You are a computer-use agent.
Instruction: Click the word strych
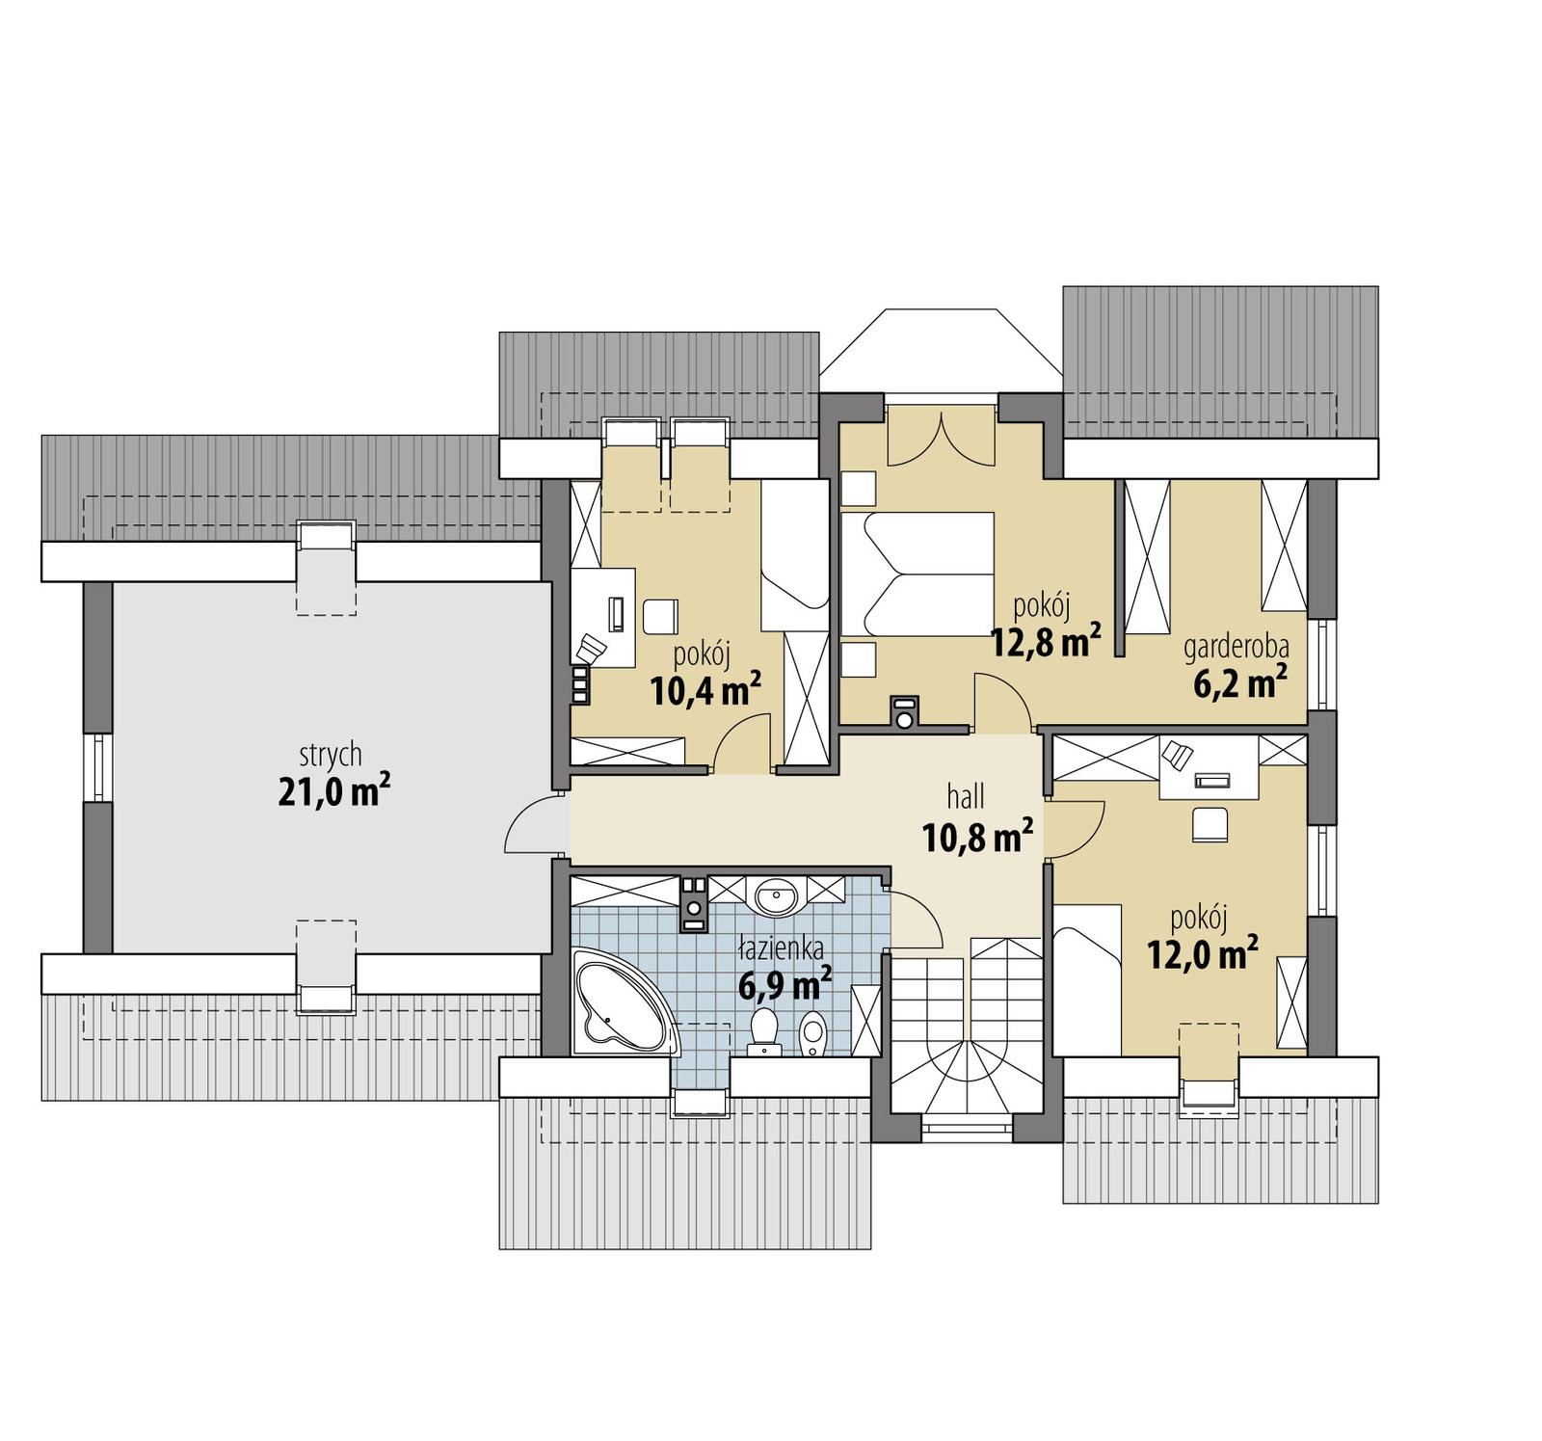click(331, 753)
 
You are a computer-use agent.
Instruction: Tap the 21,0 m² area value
click(333, 791)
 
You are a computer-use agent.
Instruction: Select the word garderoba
click(1236, 647)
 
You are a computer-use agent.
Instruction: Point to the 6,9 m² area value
click(784, 986)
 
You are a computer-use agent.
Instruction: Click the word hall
click(966, 796)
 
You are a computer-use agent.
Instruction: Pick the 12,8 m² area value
click(1046, 642)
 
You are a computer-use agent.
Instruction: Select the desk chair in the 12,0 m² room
click(1210, 825)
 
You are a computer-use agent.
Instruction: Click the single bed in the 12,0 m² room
click(1087, 979)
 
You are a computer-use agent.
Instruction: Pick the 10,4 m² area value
click(705, 690)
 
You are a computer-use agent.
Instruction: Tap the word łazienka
click(781, 949)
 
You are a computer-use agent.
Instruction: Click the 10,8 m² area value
click(978, 837)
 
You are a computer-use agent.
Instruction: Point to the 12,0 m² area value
click(1202, 954)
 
